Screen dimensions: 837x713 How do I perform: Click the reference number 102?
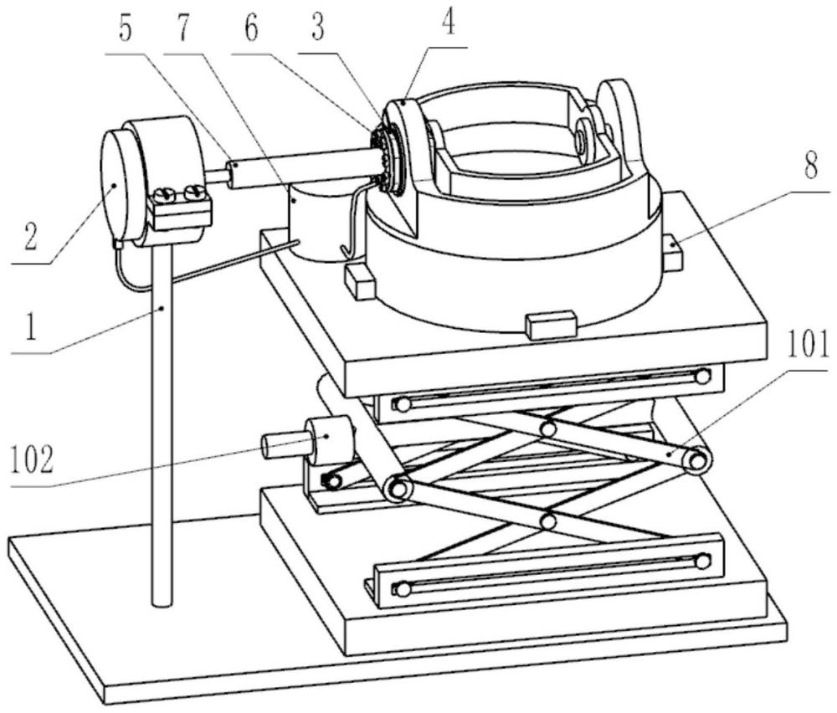[x=32, y=460]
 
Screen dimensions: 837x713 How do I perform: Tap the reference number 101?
[x=807, y=345]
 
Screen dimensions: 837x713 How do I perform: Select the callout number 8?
[x=811, y=167]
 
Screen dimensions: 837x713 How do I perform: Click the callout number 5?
[x=125, y=28]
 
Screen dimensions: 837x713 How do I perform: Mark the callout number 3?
[x=318, y=28]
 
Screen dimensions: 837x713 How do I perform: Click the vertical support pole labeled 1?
[x=162, y=422]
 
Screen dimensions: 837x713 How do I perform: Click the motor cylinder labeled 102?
[x=330, y=441]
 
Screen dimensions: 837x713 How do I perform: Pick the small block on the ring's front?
[x=552, y=325]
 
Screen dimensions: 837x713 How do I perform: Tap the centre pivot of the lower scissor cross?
[x=547, y=521]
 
